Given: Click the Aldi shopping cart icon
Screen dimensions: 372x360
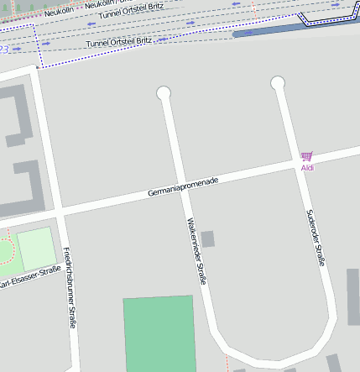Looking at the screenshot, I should [306, 156].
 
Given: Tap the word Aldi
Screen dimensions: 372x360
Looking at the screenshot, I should [307, 168].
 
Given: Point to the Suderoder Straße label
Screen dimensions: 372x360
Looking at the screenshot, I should [316, 238].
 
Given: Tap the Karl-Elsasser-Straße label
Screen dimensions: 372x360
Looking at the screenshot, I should [29, 278].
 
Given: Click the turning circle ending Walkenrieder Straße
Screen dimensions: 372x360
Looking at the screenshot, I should [164, 93].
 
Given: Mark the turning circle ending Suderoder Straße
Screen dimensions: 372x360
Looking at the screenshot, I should [278, 82].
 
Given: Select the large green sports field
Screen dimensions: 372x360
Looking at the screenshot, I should [159, 333].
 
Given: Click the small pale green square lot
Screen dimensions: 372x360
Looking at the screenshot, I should [35, 249].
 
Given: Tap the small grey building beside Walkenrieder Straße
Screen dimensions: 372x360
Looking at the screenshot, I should [207, 238].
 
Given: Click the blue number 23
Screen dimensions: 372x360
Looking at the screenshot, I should [4, 50].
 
